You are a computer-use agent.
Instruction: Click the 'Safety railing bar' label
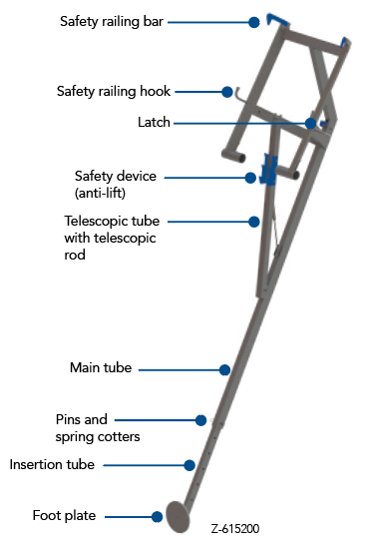click(x=110, y=20)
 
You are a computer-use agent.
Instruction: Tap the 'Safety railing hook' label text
click(x=114, y=91)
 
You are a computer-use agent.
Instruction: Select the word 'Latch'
click(x=154, y=122)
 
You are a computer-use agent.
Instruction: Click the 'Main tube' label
click(x=101, y=368)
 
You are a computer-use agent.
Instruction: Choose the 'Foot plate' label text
click(x=64, y=516)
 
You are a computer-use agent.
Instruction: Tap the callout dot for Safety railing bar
click(x=255, y=21)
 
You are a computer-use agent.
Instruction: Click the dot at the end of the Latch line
click(x=311, y=124)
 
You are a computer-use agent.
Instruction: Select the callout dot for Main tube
click(x=224, y=369)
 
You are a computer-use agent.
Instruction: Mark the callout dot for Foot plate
click(x=157, y=517)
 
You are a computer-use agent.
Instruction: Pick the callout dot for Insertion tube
click(x=188, y=464)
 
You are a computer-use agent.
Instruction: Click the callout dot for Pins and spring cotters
click(x=200, y=420)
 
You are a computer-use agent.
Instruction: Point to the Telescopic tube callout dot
click(x=254, y=222)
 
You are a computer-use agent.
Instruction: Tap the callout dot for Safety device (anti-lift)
click(x=251, y=178)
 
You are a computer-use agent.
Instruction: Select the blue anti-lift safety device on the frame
click(x=267, y=168)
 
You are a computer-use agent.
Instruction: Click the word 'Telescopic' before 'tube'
click(x=97, y=220)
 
